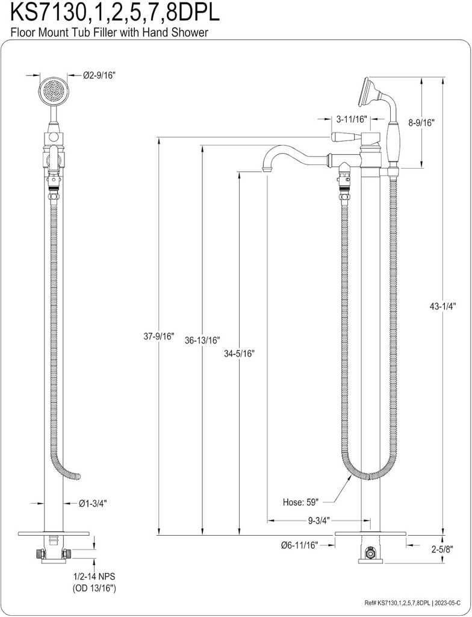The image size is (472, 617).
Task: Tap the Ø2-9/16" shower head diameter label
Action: pyautogui.click(x=99, y=75)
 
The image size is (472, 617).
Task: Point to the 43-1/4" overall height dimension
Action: pyautogui.click(x=443, y=306)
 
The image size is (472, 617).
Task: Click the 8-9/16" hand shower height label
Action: pyautogui.click(x=421, y=122)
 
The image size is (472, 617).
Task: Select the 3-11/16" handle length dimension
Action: pyautogui.click(x=351, y=119)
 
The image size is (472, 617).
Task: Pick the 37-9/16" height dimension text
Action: pyautogui.click(x=158, y=336)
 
